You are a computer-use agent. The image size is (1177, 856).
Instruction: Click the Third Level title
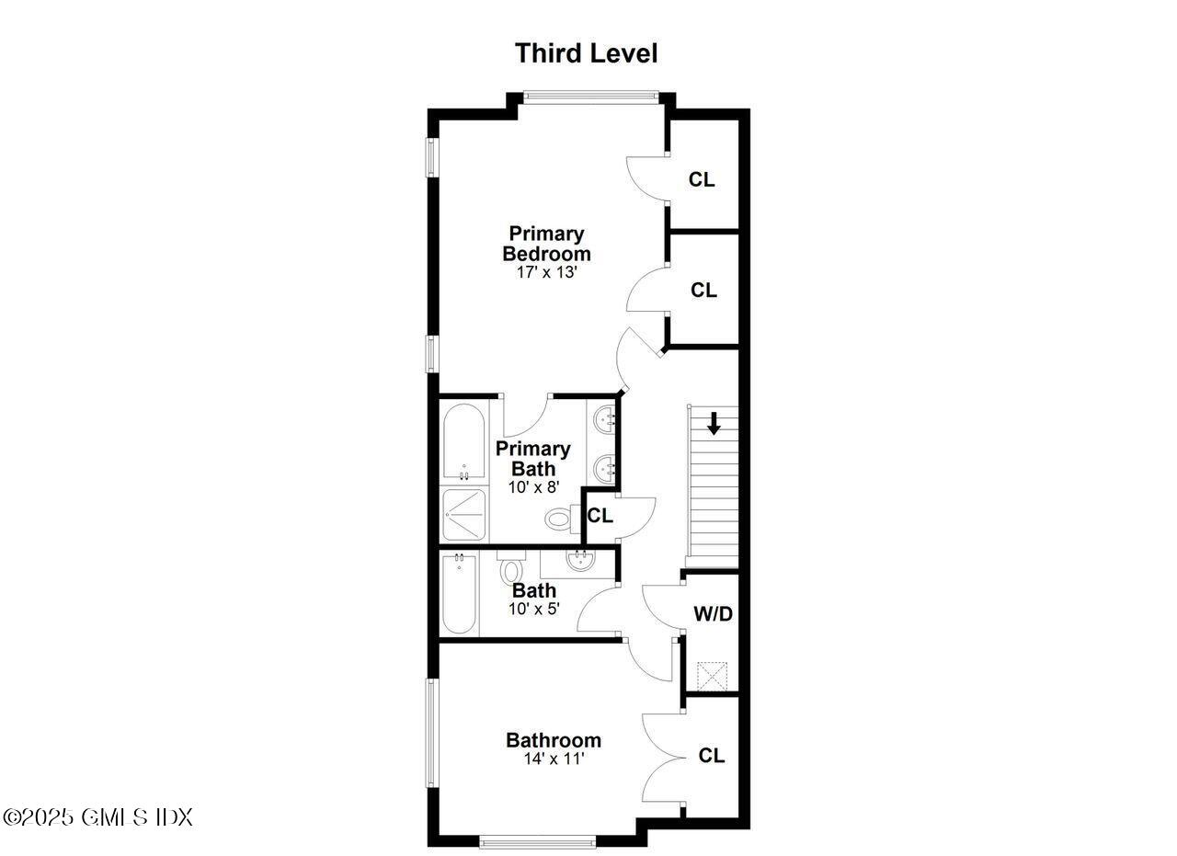(586, 53)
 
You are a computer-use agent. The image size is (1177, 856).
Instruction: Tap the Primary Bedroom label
(546, 244)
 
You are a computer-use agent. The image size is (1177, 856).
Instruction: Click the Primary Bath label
(532, 458)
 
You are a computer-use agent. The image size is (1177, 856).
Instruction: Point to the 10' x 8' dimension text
(532, 487)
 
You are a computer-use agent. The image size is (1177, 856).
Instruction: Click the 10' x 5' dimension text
(533, 609)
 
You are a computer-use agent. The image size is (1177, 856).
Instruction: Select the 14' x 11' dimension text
(553, 759)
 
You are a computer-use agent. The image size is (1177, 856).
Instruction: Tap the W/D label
(713, 613)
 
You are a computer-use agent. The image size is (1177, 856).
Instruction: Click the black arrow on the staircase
(714, 424)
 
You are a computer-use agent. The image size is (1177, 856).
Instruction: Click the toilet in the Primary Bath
(558, 519)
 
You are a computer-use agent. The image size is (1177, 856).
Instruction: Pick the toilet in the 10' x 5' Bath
(510, 570)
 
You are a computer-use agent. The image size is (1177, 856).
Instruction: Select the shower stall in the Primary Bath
(463, 514)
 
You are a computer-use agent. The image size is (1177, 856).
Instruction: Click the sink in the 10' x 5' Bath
(580, 559)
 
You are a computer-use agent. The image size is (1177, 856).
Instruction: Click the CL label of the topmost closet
(702, 179)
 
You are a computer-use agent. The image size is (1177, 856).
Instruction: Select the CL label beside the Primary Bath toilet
(600, 516)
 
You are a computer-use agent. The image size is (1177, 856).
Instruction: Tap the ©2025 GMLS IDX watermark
(97, 816)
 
